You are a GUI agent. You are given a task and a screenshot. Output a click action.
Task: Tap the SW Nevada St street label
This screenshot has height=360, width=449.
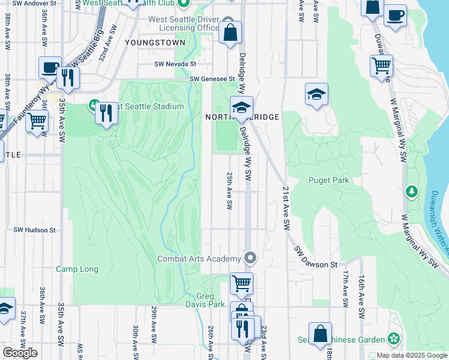(x=175, y=64)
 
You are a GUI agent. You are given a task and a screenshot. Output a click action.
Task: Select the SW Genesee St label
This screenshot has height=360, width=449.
(x=212, y=79)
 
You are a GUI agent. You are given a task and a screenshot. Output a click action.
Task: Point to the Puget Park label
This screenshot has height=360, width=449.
(x=329, y=180)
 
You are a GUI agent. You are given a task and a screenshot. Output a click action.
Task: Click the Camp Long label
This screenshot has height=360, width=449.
(x=77, y=269)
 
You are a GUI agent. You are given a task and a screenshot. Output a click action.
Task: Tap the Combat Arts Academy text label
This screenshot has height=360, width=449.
(x=199, y=259)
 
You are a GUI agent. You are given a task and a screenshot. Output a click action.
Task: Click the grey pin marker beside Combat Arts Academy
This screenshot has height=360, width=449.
(x=251, y=259)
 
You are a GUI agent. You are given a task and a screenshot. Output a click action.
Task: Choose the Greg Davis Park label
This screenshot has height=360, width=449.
(x=211, y=300)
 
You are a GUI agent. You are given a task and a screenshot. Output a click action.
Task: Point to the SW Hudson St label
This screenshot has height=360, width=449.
(x=34, y=230)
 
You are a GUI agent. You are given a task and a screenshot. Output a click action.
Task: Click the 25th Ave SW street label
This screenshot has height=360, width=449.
(x=229, y=190)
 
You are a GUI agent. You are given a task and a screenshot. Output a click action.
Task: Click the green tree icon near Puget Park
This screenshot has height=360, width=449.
(x=412, y=192)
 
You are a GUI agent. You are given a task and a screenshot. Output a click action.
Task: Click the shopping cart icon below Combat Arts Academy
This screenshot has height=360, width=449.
(x=241, y=281)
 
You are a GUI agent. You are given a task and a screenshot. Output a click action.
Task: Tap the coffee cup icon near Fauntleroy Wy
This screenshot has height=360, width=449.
(x=50, y=67)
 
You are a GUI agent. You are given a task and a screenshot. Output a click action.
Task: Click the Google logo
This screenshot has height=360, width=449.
(x=20, y=353)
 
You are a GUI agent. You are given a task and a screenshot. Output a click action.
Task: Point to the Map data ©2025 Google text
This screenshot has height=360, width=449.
(x=412, y=355)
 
